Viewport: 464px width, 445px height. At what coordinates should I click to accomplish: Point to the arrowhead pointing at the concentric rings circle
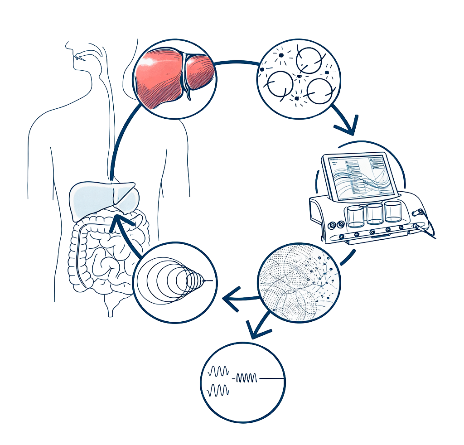231,300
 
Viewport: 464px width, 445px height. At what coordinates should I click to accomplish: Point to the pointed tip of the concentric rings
209,282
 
